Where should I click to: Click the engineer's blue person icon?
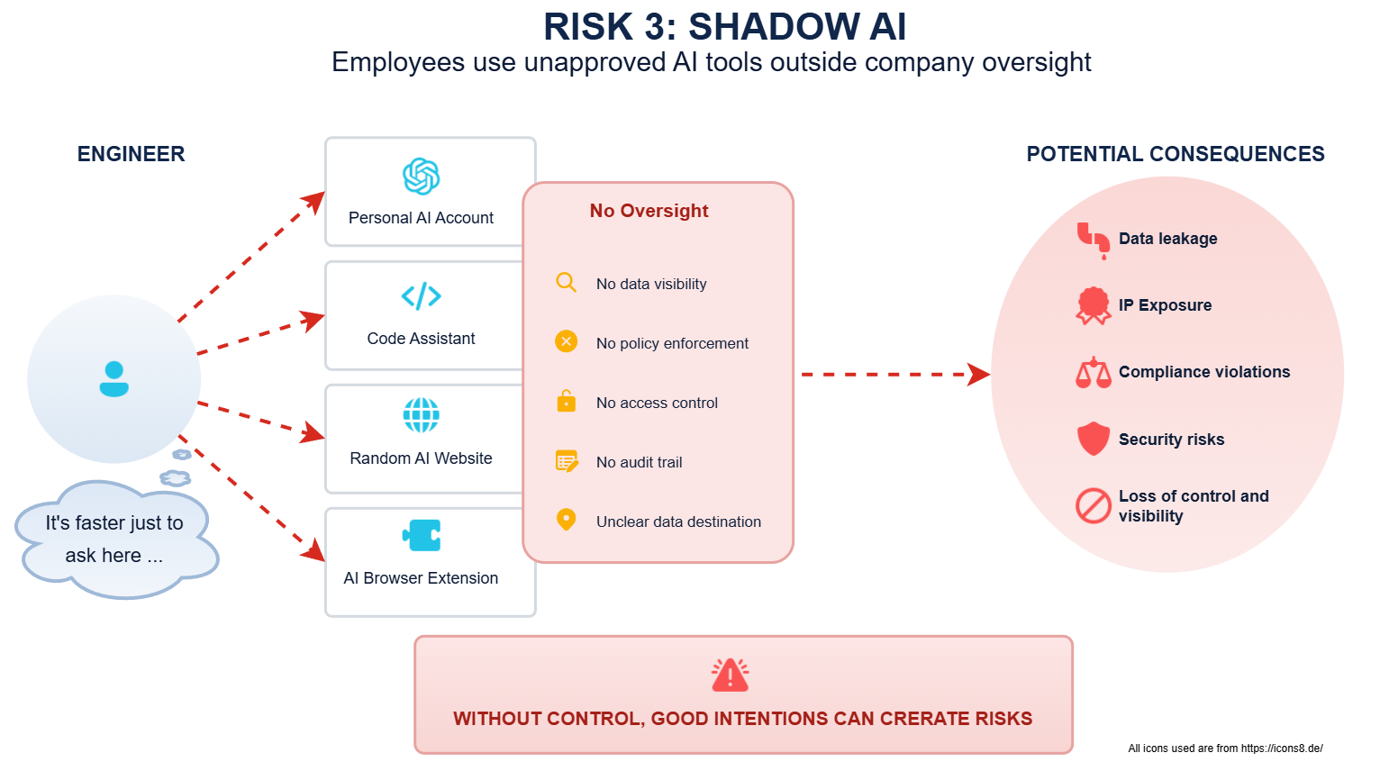(114, 379)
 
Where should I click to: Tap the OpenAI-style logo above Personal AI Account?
(422, 177)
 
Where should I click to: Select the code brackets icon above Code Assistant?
(422, 296)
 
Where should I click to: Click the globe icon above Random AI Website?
(422, 416)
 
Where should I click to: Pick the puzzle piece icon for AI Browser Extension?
(422, 535)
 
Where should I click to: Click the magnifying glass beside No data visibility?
(567, 283)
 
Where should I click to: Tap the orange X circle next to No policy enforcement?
(567, 341)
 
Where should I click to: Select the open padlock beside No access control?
(567, 401)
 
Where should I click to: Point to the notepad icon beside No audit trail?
(567, 461)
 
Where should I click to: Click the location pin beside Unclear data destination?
(567, 520)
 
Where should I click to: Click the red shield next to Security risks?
(1094, 439)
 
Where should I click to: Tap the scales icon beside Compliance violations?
(1094, 372)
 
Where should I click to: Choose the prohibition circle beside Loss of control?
(1094, 505)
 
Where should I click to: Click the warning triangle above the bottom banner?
(730, 676)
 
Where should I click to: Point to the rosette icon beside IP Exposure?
(1094, 305)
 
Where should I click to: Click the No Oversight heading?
(649, 211)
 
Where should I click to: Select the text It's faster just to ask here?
(114, 539)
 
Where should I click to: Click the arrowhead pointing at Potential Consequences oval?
(978, 374)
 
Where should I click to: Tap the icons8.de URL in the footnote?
(1282, 748)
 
